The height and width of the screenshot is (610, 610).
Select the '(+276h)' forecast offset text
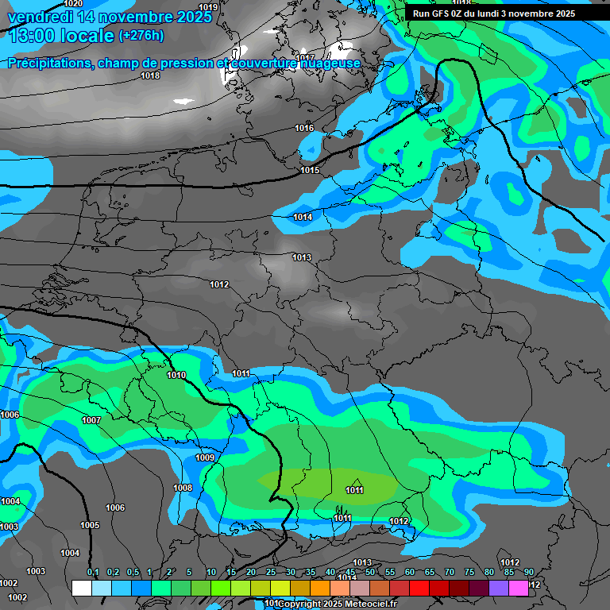(141, 36)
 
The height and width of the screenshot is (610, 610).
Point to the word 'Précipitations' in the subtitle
(50, 63)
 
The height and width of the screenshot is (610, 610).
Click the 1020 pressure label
(73, 4)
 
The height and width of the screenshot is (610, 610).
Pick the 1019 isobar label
(208, 7)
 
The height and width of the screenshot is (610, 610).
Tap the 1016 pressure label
(304, 128)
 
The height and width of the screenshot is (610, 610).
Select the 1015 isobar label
(310, 171)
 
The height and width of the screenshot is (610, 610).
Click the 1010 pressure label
(176, 375)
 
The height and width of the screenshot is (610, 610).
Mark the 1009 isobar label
(205, 457)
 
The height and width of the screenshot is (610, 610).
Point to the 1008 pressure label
(183, 488)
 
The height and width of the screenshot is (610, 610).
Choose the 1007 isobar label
(91, 420)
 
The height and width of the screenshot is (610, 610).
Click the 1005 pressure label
(90, 525)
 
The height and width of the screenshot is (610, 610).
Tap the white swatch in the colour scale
(82, 588)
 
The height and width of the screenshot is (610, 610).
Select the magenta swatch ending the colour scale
(519, 588)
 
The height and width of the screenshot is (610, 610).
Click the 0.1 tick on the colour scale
(93, 573)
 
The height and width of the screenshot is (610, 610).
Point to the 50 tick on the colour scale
(370, 573)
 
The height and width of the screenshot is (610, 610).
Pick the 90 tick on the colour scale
(529, 573)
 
